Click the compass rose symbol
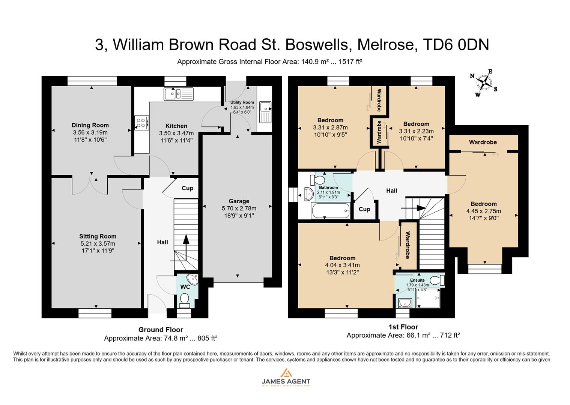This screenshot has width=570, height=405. pyautogui.click(x=486, y=83)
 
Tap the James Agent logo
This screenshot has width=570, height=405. pyautogui.click(x=286, y=377)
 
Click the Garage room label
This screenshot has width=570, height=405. pyautogui.click(x=239, y=201)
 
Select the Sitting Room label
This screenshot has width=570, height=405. pyautogui.click(x=98, y=236)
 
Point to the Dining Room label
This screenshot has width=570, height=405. pyautogui.click(x=90, y=125)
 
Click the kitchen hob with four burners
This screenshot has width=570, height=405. pyautogui.click(x=141, y=122)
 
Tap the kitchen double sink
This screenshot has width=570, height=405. pyautogui.click(x=178, y=93)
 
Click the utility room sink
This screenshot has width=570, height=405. pyautogui.click(x=265, y=112)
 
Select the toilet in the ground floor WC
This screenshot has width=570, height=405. pyautogui.click(x=184, y=300)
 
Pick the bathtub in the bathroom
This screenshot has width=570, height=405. pyautogui.click(x=330, y=211)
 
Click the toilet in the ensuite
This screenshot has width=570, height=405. pyautogui.click(x=437, y=280)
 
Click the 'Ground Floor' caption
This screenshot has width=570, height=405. pyautogui.click(x=161, y=330)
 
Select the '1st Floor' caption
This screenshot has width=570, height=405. pyautogui.click(x=403, y=327)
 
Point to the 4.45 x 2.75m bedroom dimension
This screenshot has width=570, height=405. pyautogui.click(x=484, y=211)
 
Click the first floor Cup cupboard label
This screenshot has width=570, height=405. pyautogui.click(x=364, y=209)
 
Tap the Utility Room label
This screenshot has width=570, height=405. pyautogui.click(x=242, y=102)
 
